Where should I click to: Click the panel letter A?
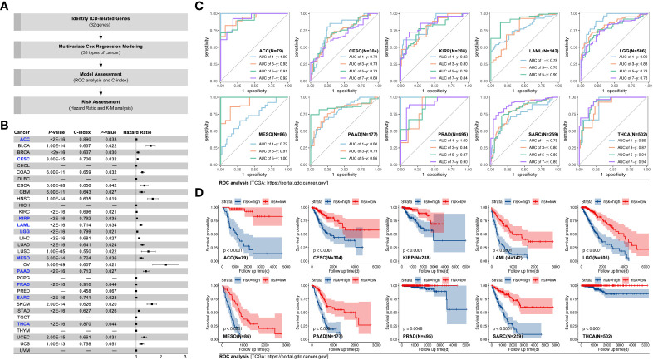tap(6, 7)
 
